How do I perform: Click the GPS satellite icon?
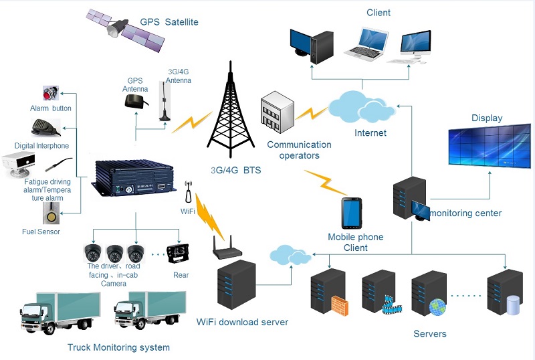[125, 30]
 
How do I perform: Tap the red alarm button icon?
[51, 93]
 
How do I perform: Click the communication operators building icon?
[277, 112]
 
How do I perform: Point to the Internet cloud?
[361, 106]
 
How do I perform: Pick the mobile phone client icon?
[352, 213]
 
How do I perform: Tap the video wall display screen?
[490, 146]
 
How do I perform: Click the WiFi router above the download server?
[227, 248]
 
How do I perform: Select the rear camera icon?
[178, 253]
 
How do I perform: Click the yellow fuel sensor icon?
[51, 213]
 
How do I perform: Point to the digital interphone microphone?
[45, 127]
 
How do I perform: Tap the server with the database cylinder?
[505, 292]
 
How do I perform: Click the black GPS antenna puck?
[136, 102]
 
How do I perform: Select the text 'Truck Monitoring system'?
[118, 347]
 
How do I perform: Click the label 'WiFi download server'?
[242, 322]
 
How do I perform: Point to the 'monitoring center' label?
[465, 213]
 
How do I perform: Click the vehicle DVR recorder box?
[133, 177]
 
